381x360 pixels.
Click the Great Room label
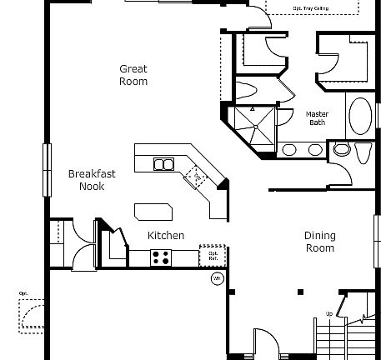tap(133, 75)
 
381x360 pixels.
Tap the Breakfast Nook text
tap(92, 180)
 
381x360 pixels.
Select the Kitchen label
tap(166, 236)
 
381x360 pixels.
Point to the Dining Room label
tap(319, 242)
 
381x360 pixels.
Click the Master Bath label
tap(317, 118)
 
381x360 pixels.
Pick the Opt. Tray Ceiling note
tap(310, 9)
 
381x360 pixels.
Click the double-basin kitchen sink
tap(164, 164)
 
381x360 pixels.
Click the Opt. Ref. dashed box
tap(213, 257)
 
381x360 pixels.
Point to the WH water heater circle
tap(217, 278)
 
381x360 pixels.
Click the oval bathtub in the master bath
tap(362, 117)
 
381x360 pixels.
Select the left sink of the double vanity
tap(289, 151)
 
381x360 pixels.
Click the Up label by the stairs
tap(328, 313)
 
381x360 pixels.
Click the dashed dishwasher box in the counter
tap(198, 177)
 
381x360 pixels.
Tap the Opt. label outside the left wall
tap(23, 294)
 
